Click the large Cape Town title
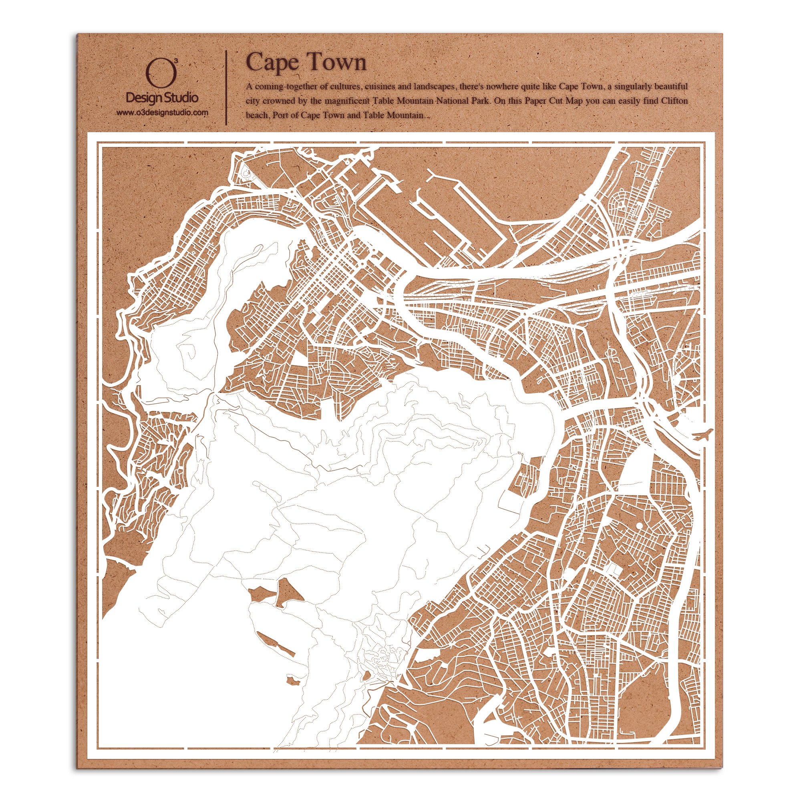tap(306, 62)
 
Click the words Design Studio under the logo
tap(162, 98)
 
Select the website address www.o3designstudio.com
tap(162, 113)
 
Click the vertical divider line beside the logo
tap(226, 88)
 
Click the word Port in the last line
tap(280, 115)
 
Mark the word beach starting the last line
tap(257, 115)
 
